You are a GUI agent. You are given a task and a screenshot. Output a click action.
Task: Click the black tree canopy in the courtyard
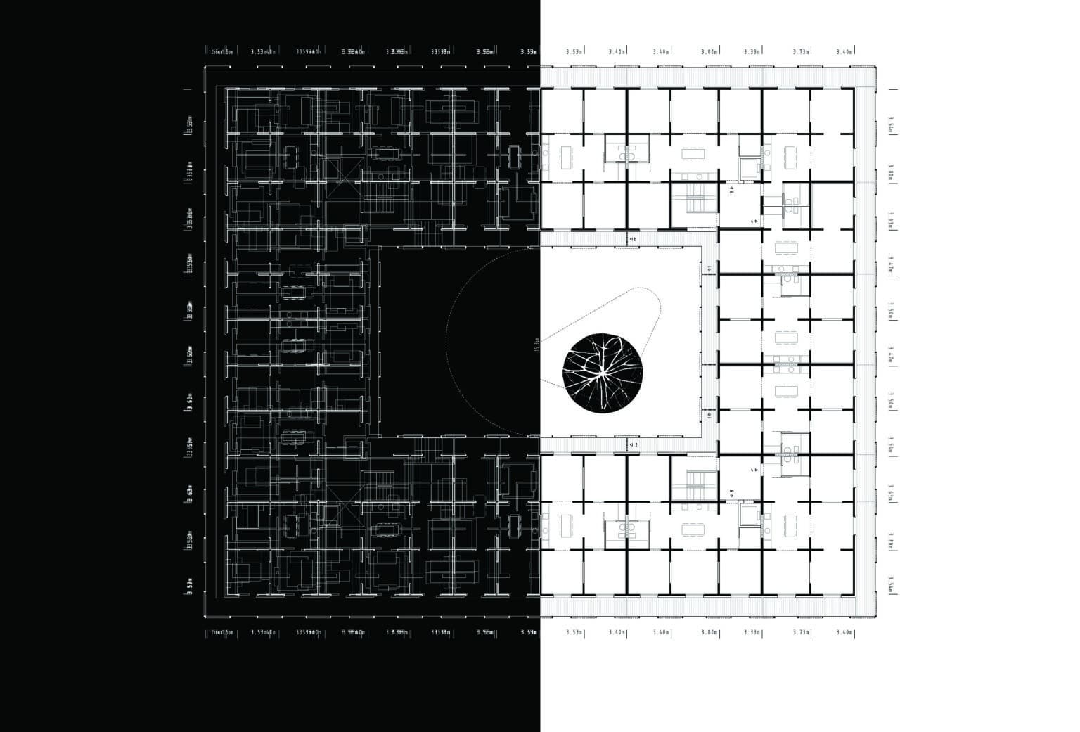[x=601, y=370]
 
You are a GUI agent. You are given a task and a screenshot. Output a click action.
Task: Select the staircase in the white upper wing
[x=693, y=198]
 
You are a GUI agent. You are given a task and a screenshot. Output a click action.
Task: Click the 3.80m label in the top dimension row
[x=709, y=51]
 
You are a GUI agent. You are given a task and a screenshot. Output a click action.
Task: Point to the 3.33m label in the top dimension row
[x=752, y=51]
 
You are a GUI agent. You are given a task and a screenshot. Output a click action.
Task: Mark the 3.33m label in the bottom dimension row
[x=752, y=632]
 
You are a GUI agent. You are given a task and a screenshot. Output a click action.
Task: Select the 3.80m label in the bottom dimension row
[x=709, y=632]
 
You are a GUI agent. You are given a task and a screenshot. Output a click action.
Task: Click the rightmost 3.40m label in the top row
[x=844, y=51]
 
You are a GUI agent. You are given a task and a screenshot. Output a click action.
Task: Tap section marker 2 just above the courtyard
[x=632, y=240]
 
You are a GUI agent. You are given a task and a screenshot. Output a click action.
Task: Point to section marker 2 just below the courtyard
[x=632, y=444]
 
